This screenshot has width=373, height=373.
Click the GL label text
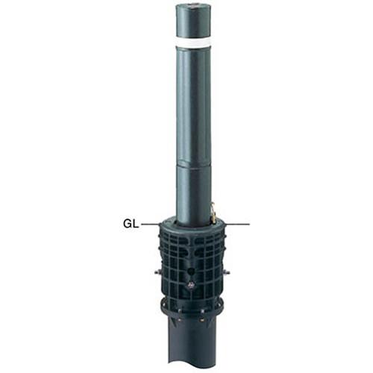[131, 224]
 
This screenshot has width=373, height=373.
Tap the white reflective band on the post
[192, 42]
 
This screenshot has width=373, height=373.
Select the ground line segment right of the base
[237, 225]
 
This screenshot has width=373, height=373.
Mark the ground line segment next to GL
[151, 225]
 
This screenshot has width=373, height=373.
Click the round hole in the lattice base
[191, 271]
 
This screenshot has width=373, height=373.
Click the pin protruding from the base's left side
[157, 272]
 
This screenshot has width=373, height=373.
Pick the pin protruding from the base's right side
[226, 272]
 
